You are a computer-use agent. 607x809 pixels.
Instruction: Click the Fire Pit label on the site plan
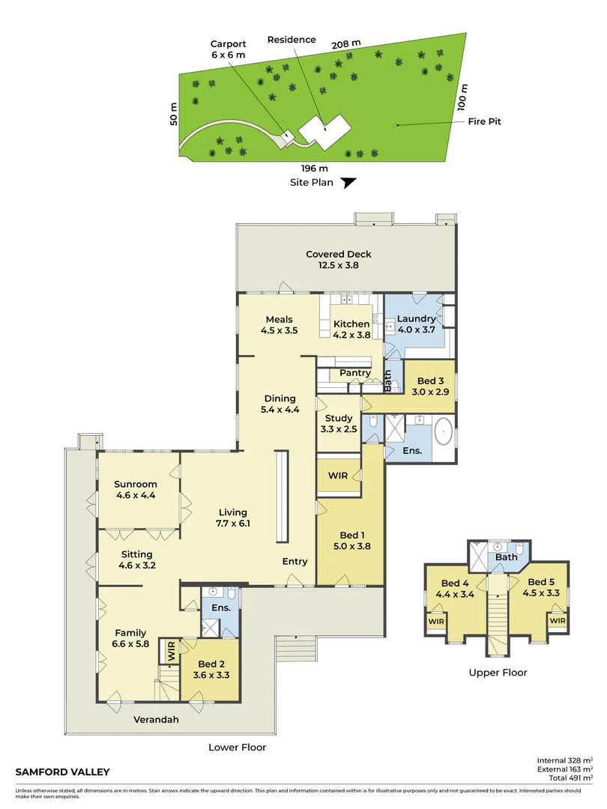484,121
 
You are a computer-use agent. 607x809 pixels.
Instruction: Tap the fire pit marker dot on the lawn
396,125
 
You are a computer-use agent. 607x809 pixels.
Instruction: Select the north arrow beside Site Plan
349,183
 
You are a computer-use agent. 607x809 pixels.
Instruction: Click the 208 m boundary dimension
345,44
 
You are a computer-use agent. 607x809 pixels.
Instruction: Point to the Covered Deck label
339,254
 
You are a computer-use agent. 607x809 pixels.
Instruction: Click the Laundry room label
416,319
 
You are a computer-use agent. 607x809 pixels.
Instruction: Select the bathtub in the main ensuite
444,431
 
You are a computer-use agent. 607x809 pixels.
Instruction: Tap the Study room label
339,418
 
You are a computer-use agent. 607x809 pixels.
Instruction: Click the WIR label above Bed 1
338,476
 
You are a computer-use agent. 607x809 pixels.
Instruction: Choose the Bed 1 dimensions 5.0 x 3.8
352,546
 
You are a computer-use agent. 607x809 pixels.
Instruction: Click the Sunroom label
135,484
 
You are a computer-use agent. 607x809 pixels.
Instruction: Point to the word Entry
295,561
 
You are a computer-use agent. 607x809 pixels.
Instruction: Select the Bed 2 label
211,664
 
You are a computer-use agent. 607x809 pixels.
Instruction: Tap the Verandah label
156,719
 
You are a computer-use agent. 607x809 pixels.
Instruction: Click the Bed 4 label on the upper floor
455,583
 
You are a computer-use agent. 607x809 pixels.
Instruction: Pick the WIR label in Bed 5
558,621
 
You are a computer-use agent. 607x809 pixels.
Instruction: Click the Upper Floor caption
498,672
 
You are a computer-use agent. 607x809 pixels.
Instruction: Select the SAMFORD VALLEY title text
62,772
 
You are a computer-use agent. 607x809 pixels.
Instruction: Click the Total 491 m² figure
571,778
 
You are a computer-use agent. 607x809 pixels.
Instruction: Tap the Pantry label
355,372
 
